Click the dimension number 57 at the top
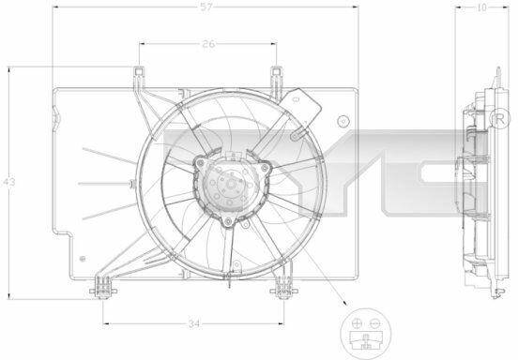coord(206,7)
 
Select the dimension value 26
coord(208,44)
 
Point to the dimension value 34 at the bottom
coord(194,324)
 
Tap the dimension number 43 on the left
coord(9,182)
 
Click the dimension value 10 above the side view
coord(482,7)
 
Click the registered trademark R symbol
coord(500,118)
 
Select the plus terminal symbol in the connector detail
coord(357,323)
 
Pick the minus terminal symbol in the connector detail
coord(375,323)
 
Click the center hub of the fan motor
coord(230,184)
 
